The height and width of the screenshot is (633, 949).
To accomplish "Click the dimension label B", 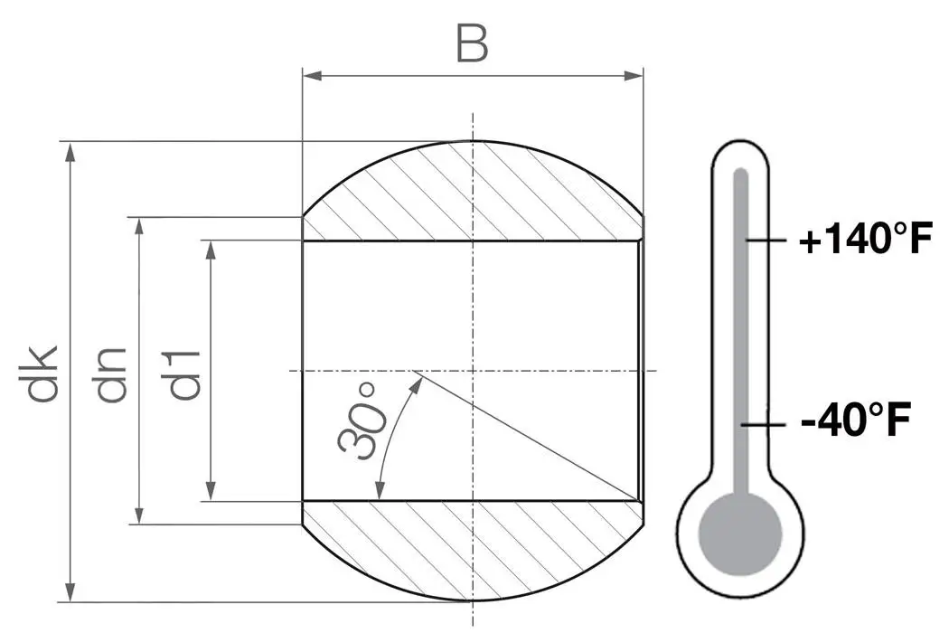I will click(472, 43).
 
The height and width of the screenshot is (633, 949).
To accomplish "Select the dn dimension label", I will click(112, 373).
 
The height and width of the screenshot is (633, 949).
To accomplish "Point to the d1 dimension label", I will click(183, 373).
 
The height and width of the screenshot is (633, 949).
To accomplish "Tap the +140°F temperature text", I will click(864, 241).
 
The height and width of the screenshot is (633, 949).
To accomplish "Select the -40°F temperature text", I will click(854, 421).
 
